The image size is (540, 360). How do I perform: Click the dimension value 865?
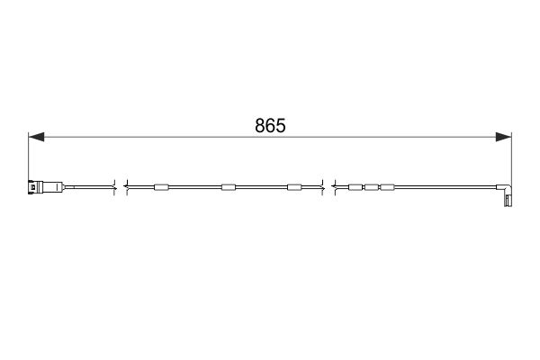pyautogui.click(x=270, y=126)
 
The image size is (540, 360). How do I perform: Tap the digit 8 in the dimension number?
pyautogui.click(x=260, y=126)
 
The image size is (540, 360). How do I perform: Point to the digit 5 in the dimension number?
pyautogui.click(x=281, y=126)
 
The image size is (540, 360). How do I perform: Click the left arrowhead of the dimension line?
pyautogui.click(x=36, y=137)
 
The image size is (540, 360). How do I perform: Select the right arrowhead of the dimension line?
pyautogui.click(x=503, y=137)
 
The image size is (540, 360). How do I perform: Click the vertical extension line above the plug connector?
pyautogui.click(x=28, y=156)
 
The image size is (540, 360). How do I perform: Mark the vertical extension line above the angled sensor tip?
pyautogui.click(x=511, y=162)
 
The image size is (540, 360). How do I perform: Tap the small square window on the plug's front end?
pyautogui.click(x=32, y=187)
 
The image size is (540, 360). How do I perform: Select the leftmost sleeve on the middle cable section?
pyautogui.click(x=161, y=187)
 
